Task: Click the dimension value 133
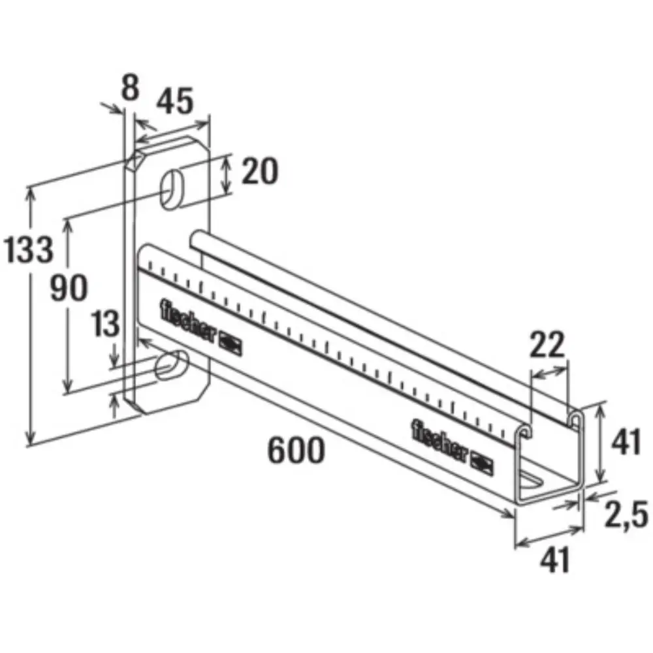coord(27,249)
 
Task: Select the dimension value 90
coord(69,287)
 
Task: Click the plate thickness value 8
coord(131,88)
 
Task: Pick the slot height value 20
coord(260,172)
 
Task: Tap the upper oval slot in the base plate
coord(173,188)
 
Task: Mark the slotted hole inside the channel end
coord(534,480)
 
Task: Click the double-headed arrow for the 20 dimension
coord(226,174)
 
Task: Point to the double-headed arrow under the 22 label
coord(550,372)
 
